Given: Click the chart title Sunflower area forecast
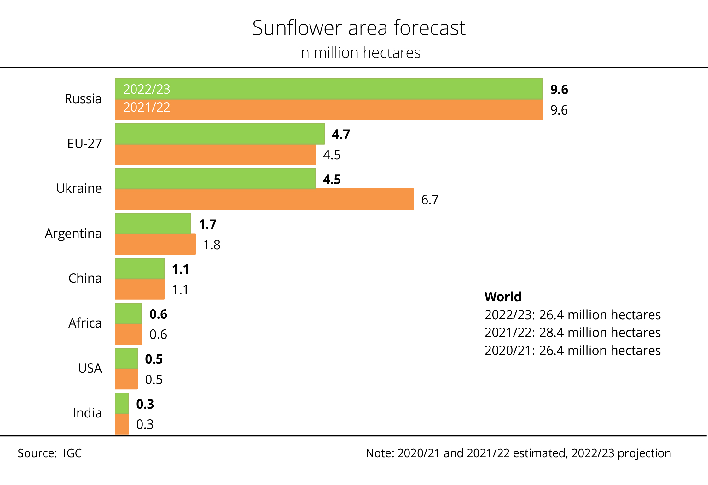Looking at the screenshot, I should click(x=359, y=28).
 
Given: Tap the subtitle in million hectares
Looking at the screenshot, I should click(x=359, y=53).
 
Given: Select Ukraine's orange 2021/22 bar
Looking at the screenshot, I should click(x=264, y=199).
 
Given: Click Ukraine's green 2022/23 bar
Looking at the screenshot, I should click(x=215, y=179).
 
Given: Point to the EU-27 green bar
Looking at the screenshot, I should click(x=219, y=134).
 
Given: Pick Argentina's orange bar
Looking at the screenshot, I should click(x=155, y=244).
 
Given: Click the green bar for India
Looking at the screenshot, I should click(x=122, y=403).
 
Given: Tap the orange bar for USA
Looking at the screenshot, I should click(x=126, y=379).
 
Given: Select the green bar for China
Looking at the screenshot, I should click(x=139, y=269).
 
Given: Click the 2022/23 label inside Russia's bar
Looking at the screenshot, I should click(x=147, y=89).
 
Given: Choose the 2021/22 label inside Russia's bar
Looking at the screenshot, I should click(x=147, y=107).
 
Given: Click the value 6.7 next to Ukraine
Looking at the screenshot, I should click(x=430, y=200).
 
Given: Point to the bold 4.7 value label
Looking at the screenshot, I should click(x=341, y=134).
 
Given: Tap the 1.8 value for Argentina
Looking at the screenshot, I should click(x=212, y=245).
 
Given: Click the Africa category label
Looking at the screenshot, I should click(x=85, y=323).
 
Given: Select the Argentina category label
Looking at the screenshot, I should click(x=73, y=234).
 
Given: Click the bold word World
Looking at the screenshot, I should click(x=503, y=297).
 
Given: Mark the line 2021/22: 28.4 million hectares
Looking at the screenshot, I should click(x=572, y=333).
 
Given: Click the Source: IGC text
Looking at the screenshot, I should click(x=50, y=453).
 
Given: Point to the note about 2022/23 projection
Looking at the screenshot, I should click(x=518, y=453).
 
